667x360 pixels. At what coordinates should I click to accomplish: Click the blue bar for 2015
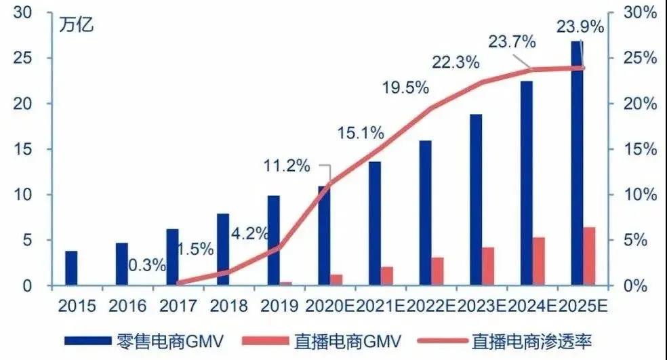tap(70, 268)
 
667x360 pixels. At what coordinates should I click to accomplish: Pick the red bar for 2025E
tap(589, 256)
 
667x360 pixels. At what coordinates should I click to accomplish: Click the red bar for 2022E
tap(437, 271)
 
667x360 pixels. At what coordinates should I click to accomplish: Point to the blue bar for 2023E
tap(476, 199)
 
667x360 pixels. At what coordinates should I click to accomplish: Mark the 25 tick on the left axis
tap(25, 58)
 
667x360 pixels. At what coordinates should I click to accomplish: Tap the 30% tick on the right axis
tap(640, 12)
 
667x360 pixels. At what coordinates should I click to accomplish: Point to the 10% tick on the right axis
tap(640, 195)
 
